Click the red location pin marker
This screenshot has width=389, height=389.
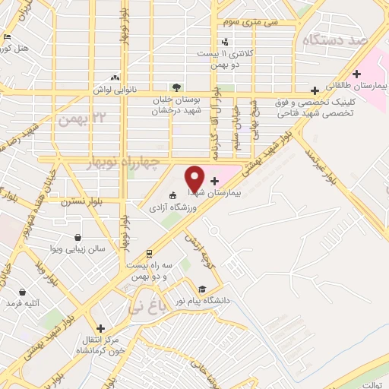coord(194,178)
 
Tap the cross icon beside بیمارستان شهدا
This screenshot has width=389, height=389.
coord(214,181)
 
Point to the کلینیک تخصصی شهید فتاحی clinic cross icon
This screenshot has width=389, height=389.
coord(315,89)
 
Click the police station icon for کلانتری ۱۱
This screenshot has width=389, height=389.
coord(225,42)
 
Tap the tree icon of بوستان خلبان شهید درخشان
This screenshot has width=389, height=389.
coord(176,87)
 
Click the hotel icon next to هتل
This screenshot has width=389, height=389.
coord(8,36)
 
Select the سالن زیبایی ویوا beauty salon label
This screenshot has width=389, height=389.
coord(88,248)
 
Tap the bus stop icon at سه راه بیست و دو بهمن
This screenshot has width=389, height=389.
coord(149,254)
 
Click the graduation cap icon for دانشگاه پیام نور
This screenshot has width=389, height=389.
coord(202,289)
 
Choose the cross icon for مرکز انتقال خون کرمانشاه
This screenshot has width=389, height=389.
coord(100,328)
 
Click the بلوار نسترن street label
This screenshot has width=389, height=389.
coord(77,201)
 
